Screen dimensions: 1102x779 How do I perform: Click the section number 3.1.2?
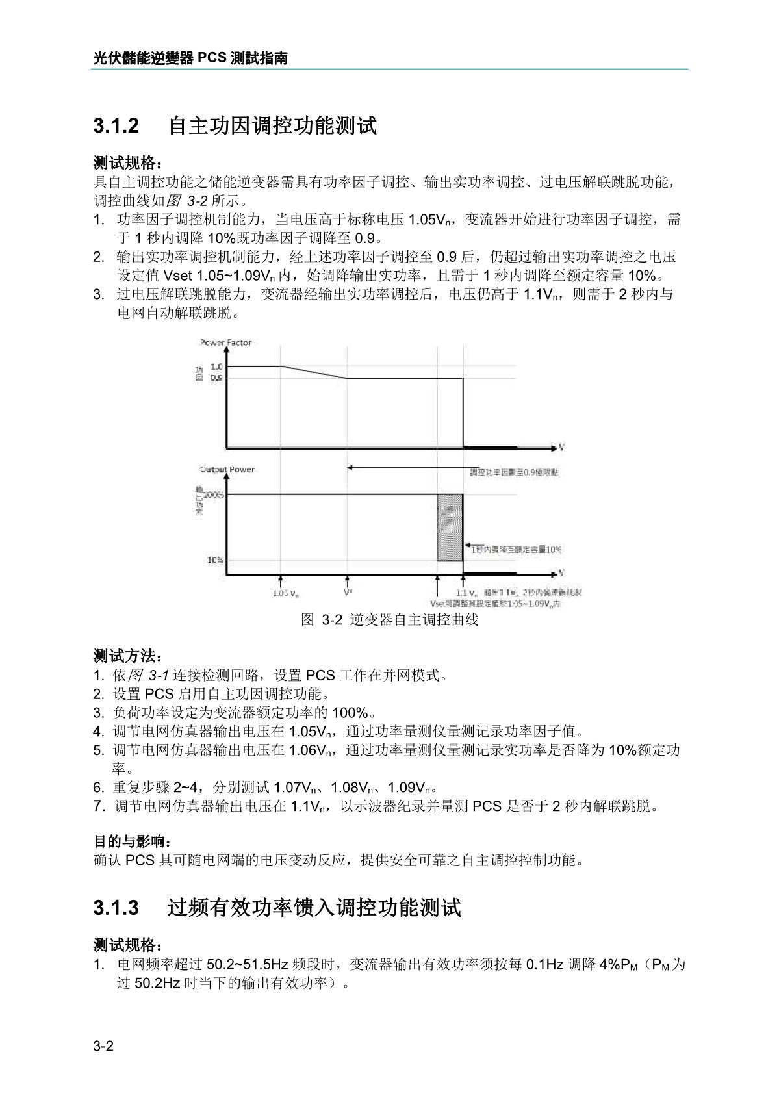tap(116, 125)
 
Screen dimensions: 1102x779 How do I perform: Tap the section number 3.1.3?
tap(116, 907)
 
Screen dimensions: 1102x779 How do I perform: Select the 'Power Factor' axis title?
tap(225, 342)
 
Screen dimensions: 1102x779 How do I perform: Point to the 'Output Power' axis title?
tap(227, 469)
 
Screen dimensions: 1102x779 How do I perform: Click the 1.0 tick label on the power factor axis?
tap(216, 366)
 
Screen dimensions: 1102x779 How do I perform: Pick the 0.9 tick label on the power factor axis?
tap(216, 378)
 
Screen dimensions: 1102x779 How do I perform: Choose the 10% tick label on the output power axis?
tap(216, 559)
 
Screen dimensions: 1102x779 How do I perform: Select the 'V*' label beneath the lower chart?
tap(348, 593)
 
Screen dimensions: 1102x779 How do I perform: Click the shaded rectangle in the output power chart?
tap(450, 527)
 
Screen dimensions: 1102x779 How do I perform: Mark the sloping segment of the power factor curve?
tap(314, 372)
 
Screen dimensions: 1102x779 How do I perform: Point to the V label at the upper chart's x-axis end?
tap(561, 448)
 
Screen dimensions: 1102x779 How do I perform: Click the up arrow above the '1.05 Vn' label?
tap(281, 581)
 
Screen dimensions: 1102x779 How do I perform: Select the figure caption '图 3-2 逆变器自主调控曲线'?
tap(390, 620)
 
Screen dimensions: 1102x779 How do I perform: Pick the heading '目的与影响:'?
tap(129, 841)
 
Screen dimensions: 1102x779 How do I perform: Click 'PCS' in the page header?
tap(212, 58)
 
